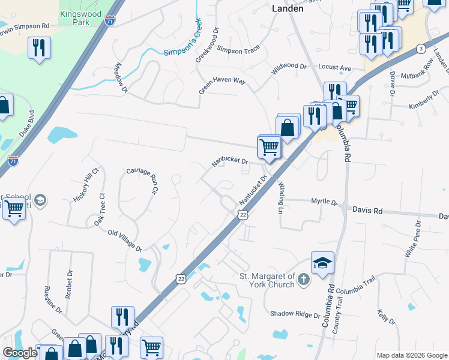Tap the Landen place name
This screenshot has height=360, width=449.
pyautogui.click(x=288, y=8)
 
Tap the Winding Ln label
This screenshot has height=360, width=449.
pyautogui.click(x=280, y=199)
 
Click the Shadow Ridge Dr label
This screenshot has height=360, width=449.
pyautogui.click(x=295, y=314)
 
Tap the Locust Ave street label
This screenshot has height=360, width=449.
pyautogui.click(x=334, y=68)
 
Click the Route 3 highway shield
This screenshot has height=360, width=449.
pyautogui.click(x=422, y=48)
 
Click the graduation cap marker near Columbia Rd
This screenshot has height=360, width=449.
pyautogui.click(x=322, y=263)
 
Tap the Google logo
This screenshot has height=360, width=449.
pyautogui.click(x=20, y=353)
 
